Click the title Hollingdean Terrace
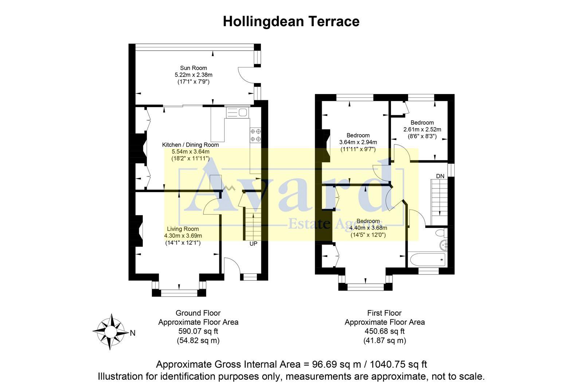[x=291, y=21]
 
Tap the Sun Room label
[x=193, y=68]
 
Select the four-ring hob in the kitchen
[x=255, y=135]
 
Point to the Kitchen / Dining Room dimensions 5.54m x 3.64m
[x=191, y=152]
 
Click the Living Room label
[x=183, y=229]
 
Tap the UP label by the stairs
[x=253, y=244]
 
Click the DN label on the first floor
[x=440, y=176]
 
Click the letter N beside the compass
[x=133, y=333]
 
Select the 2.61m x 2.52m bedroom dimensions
[x=422, y=129]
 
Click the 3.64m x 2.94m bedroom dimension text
[x=358, y=142]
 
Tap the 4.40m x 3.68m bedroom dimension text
[x=368, y=228]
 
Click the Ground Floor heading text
[x=198, y=313]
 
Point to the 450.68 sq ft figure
[x=384, y=331]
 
